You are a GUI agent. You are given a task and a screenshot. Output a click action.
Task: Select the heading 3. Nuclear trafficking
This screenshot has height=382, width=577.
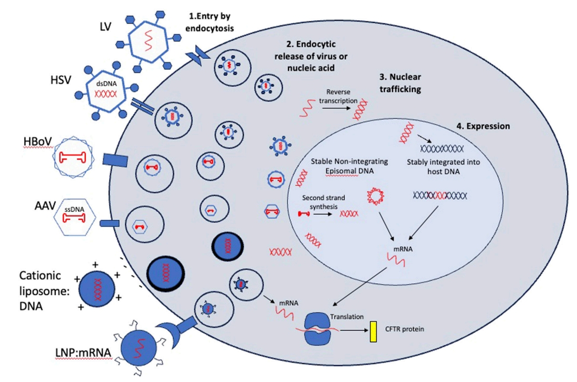point(394,82)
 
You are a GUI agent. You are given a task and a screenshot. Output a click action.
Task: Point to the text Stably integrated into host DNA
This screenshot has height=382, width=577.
point(443,166)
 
